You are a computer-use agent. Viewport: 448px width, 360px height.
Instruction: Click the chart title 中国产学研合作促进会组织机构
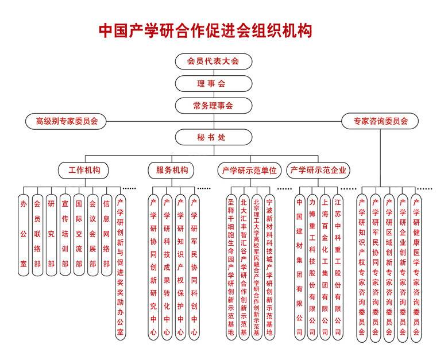tap(206, 30)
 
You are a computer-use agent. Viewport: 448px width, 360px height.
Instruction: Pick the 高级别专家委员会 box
tap(67, 121)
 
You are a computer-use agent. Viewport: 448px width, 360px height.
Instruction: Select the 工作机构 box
tap(84, 170)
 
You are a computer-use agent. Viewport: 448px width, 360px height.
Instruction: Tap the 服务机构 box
tap(171, 170)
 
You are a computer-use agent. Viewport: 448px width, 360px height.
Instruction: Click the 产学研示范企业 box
tap(319, 170)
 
